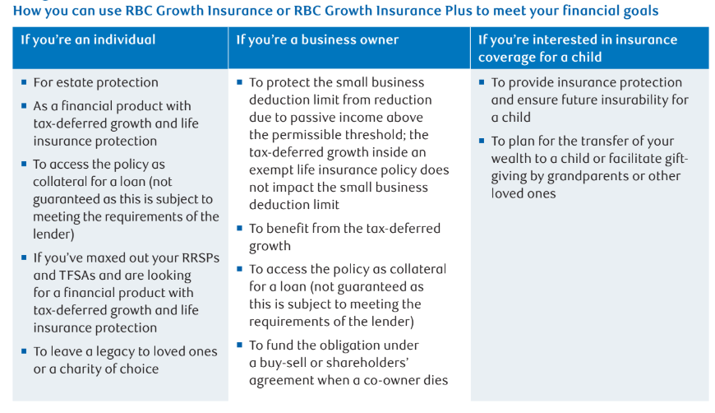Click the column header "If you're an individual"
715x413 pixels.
tap(88, 39)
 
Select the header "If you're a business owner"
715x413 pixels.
tap(317, 39)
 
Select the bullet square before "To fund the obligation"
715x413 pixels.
tap(239, 345)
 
